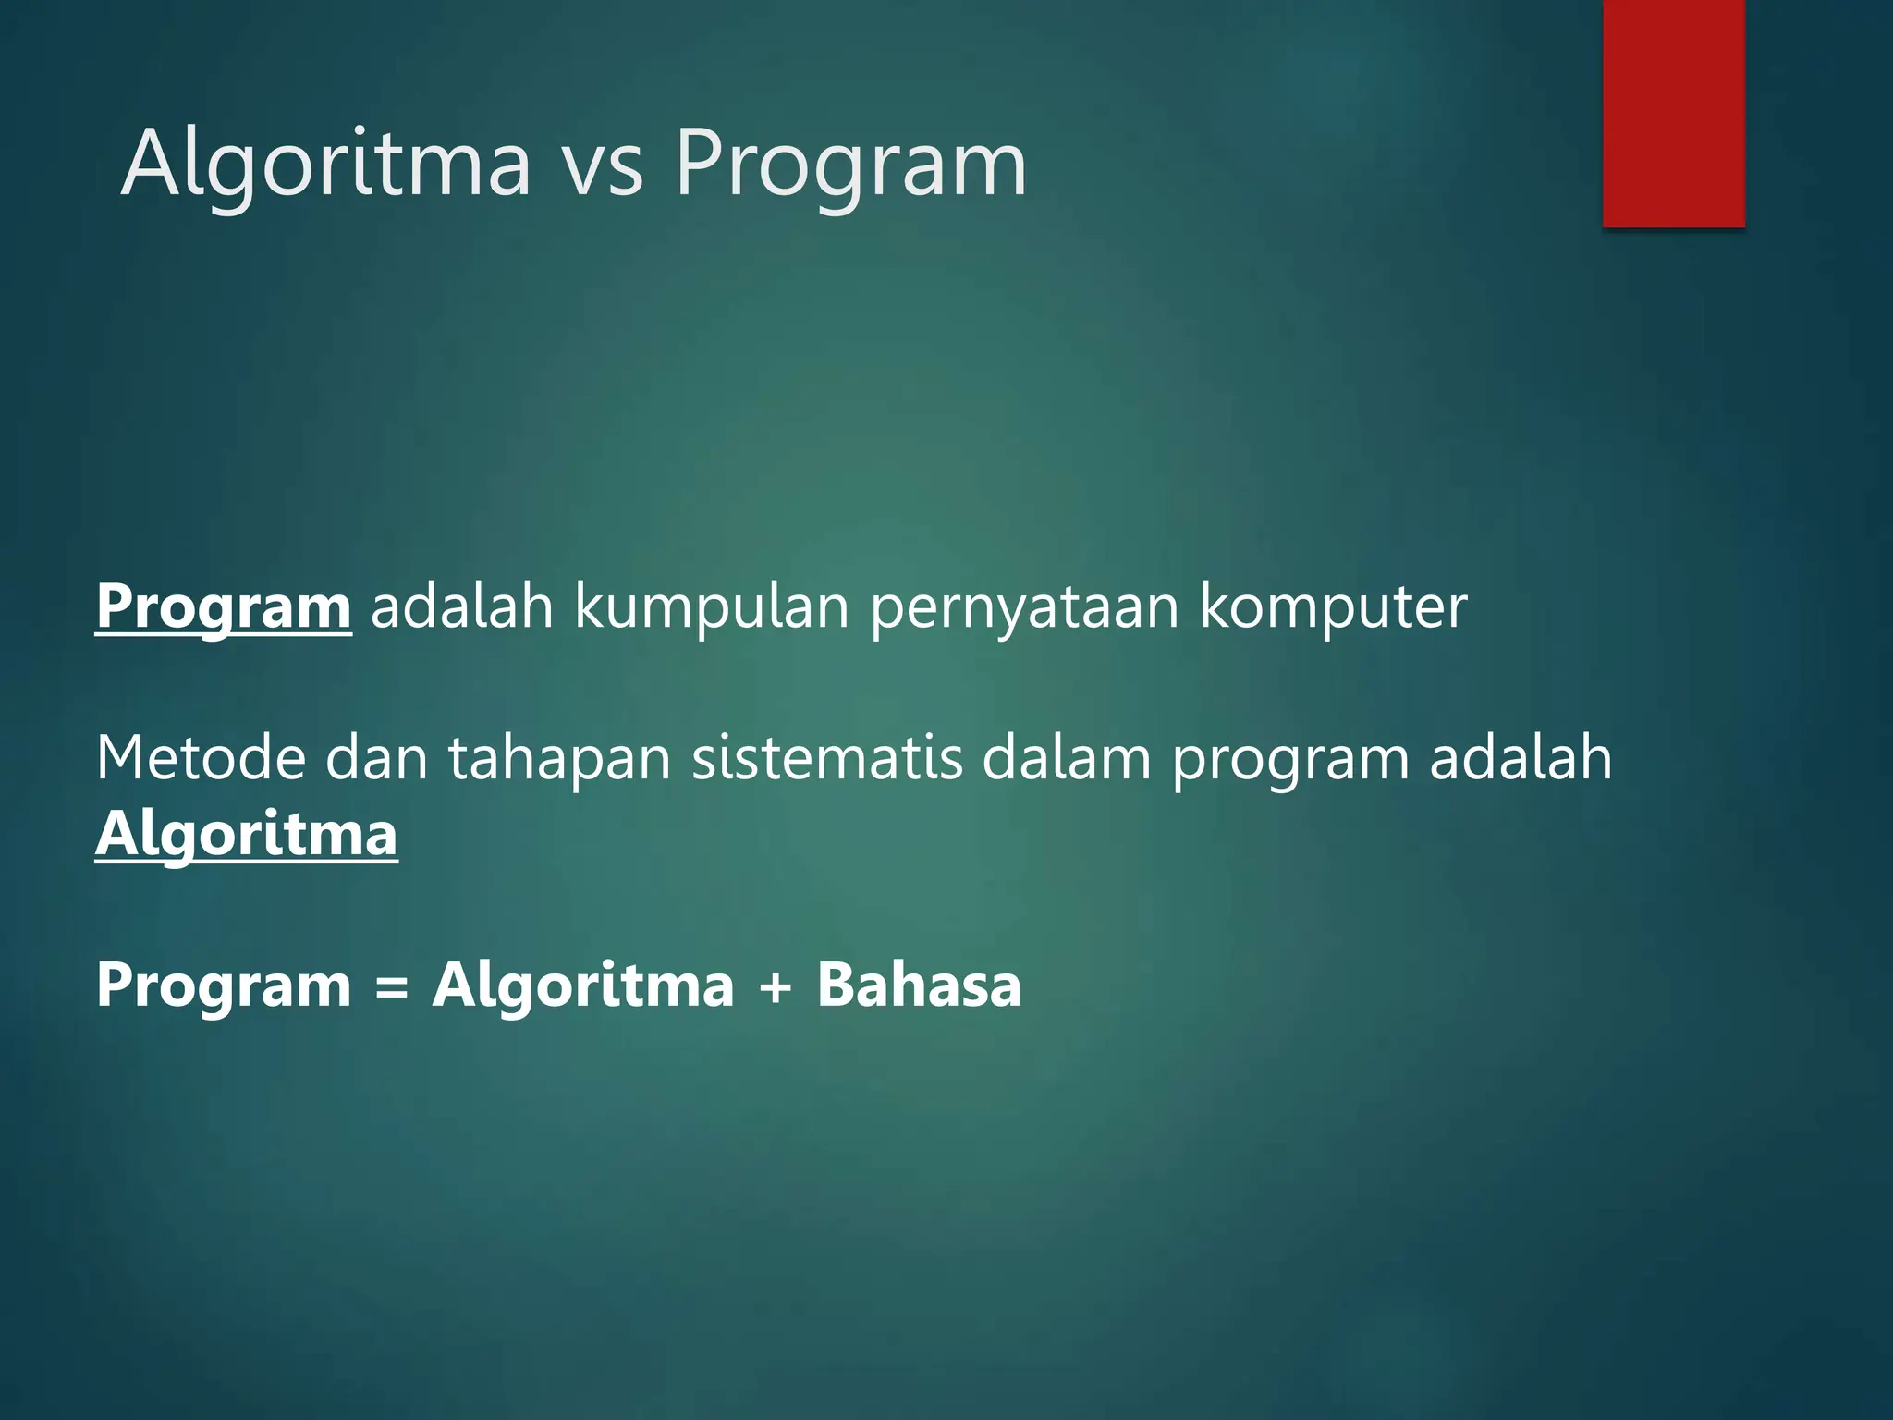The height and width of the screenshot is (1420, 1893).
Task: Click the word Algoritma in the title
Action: [x=325, y=165]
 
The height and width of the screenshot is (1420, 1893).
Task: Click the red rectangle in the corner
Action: [x=1673, y=113]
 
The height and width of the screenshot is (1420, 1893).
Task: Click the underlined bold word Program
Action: [x=223, y=607]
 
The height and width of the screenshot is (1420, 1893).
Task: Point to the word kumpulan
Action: [x=711, y=607]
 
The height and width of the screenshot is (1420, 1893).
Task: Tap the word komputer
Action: [x=1333, y=607]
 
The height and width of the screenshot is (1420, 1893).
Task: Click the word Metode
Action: [x=201, y=758]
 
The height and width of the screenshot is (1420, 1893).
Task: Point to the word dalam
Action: [x=1066, y=758]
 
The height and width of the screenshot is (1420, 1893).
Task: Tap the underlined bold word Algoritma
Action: [x=246, y=835]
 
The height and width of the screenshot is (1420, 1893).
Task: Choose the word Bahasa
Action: [x=919, y=985]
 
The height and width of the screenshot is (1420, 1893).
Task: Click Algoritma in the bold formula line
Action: [x=583, y=986]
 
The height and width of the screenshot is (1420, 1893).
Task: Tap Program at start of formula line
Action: [x=224, y=986]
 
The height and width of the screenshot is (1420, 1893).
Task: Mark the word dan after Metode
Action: [x=377, y=758]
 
